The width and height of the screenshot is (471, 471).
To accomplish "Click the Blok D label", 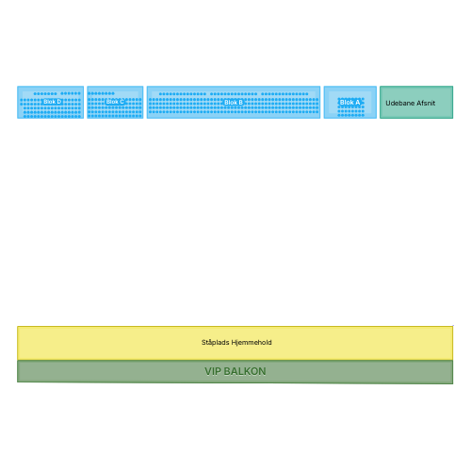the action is coord(52,102).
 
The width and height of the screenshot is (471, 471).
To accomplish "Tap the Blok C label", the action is coord(115,102).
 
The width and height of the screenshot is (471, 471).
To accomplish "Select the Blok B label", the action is coord(234,103).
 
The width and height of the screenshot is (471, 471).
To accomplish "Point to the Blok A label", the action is coord(349,103).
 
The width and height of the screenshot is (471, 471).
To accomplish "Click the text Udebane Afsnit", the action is coord(411,103).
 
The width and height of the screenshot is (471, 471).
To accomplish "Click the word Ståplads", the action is coord(216,343).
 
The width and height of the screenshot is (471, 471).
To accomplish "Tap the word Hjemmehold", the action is coord(252,342).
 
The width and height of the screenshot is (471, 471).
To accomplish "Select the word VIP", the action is coord(213,371).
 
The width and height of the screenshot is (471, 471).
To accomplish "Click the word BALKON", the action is coord(245,371).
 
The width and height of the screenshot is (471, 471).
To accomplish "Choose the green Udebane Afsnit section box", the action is coord(416,103).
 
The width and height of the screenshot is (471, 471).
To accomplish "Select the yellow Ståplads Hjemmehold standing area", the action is coord(235,343).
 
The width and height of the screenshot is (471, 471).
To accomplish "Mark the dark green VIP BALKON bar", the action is coord(235,372).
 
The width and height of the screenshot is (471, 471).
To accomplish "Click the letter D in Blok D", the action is coord(59,102).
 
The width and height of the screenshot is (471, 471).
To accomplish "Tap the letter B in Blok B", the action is coord(240,103).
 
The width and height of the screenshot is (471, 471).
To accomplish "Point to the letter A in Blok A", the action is coord(357,103).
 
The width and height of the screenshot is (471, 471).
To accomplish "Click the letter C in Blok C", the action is coord(122,102).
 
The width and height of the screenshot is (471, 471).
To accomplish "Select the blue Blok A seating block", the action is coord(350,103).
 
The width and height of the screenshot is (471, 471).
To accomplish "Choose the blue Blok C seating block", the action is coord(115,103).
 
